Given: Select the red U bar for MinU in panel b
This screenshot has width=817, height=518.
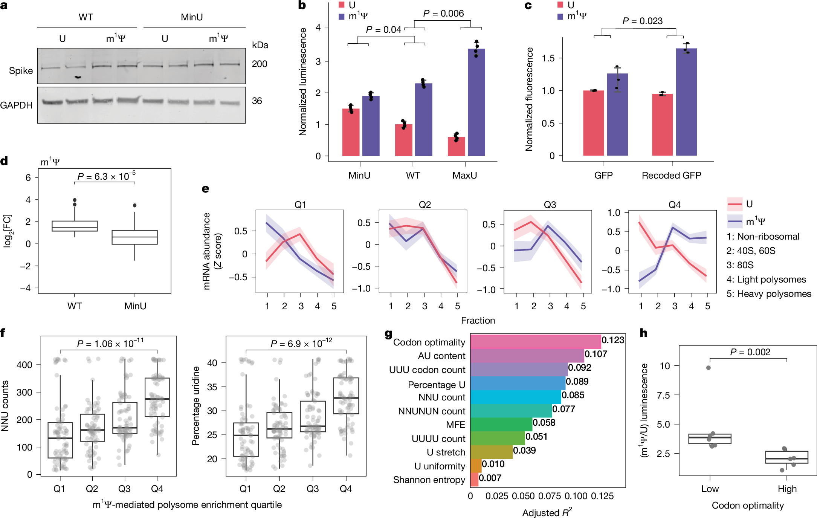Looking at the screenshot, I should tap(351, 132).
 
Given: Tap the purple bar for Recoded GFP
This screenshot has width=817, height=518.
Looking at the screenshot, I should tap(686, 102).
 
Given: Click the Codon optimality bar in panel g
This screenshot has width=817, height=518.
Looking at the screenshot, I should tap(535, 342).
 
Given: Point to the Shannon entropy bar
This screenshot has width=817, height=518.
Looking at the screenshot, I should tap(474, 480).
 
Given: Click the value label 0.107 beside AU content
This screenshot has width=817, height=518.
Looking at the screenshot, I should tap(596, 354).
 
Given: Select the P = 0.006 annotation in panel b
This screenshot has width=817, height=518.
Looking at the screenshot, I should tap(443, 14).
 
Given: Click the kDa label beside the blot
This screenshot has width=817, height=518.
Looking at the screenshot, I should tap(260, 45).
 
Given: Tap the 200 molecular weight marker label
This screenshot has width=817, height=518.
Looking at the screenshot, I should tap(260, 64).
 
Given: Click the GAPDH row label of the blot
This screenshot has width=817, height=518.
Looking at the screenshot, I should tap(17, 105).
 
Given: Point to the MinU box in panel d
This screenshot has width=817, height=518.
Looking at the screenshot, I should tap(134, 237).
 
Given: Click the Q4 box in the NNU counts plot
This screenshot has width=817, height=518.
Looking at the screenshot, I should tap(157, 397).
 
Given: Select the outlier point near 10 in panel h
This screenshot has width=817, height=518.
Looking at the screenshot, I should tap(708, 368).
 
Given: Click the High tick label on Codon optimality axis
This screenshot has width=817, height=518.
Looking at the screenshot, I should tap(787, 489).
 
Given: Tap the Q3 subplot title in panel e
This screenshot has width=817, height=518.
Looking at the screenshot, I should tap(550, 205).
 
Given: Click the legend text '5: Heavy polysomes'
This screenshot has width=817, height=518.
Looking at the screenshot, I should tap(768, 294).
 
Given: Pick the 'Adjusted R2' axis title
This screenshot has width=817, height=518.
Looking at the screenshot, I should tap(547, 513).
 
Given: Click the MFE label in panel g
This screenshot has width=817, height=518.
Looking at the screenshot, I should tap(455, 425).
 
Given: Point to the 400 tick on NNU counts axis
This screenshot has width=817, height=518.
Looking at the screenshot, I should tap(24, 365).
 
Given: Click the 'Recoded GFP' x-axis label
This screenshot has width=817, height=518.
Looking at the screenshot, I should tap(671, 176).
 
